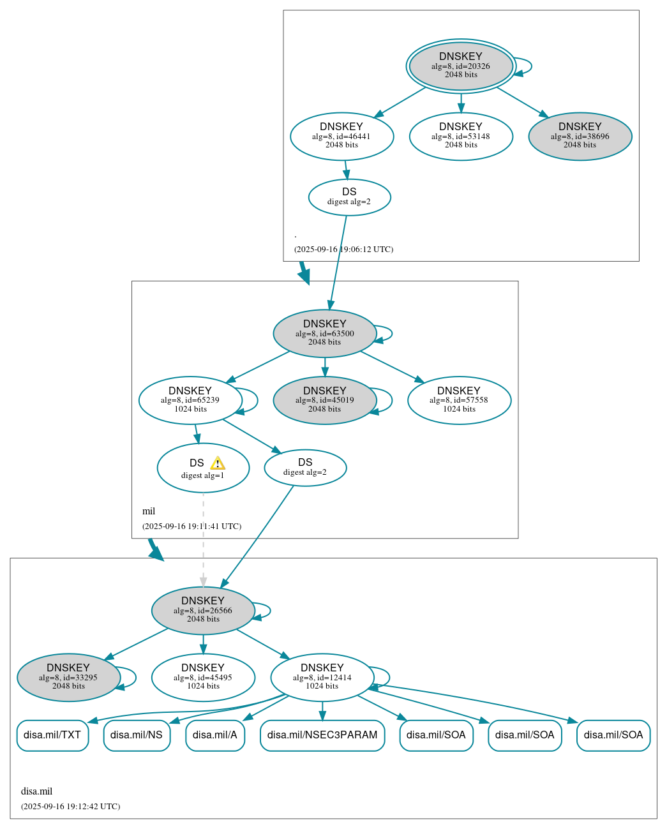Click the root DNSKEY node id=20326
tap(461, 66)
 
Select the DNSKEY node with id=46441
tap(341, 136)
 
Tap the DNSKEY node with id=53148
tap(461, 136)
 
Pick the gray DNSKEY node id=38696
tap(580, 136)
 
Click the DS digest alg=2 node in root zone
tap(349, 197)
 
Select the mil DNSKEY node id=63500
tap(324, 333)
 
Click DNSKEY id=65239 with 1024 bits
tap(190, 400)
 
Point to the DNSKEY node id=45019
tap(324, 400)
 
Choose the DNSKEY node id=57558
tap(459, 400)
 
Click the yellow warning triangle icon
tap(218, 463)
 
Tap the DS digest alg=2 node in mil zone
tap(305, 468)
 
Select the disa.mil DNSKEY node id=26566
tap(203, 610)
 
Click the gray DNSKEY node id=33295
tap(68, 677)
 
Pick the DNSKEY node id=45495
tap(203, 677)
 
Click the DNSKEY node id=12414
tap(322, 677)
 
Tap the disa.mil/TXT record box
tap(52, 735)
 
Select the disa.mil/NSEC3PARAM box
tap(322, 735)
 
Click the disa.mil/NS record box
tap(137, 735)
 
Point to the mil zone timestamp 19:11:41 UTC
tap(191, 527)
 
